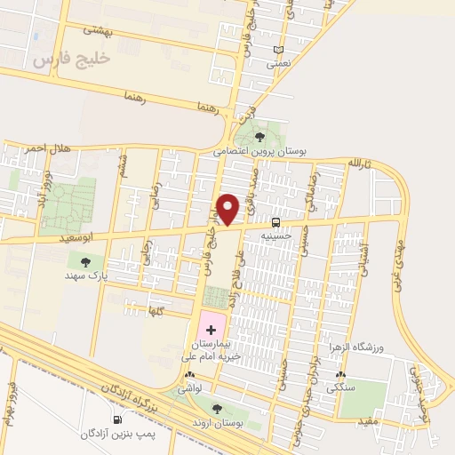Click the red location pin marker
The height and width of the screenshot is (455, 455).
(229, 210)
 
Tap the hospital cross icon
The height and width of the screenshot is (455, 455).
(210, 330)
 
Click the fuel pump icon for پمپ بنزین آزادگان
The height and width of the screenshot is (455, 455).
(117, 419)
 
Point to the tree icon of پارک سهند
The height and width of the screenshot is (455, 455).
(85, 262)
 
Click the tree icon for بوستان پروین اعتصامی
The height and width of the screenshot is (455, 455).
(259, 137)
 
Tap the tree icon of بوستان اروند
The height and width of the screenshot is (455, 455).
(217, 408)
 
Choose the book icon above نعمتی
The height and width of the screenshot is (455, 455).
(279, 50)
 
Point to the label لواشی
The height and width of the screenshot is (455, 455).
(190, 388)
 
